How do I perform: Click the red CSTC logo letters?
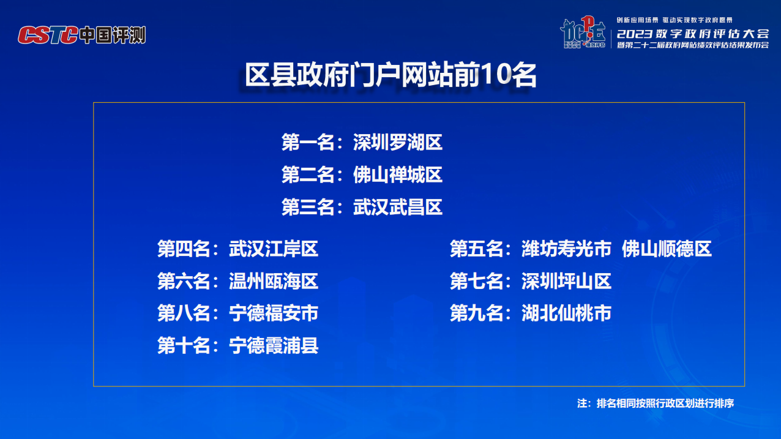pyautogui.click(x=48, y=36)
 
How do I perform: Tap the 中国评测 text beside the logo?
pyautogui.click(x=113, y=36)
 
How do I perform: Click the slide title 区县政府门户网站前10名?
pyautogui.click(x=390, y=75)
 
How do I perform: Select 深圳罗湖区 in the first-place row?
pyautogui.click(x=398, y=142)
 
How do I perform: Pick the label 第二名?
pyautogui.click(x=308, y=174)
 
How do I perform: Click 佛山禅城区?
pyautogui.click(x=398, y=174)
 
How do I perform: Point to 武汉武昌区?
pyautogui.click(x=398, y=207)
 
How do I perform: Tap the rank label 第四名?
pyautogui.click(x=184, y=249)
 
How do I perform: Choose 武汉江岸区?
pyautogui.click(x=274, y=249)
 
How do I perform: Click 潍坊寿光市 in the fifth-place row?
pyautogui.click(x=566, y=249)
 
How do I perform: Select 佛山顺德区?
pyautogui.click(x=667, y=249)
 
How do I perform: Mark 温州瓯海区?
pyautogui.click(x=274, y=282)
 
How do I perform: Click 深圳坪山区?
pyautogui.click(x=566, y=282)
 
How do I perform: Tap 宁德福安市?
pyautogui.click(x=274, y=313)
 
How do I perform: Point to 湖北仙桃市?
pyautogui.click(x=566, y=313)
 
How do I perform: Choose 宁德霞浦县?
pyautogui.click(x=274, y=345)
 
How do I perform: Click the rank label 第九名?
pyautogui.click(x=476, y=313)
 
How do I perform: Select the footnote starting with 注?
pyautogui.click(x=656, y=403)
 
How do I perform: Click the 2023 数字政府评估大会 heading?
pyautogui.click(x=693, y=34)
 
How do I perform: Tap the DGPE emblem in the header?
pyautogui.click(x=583, y=32)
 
